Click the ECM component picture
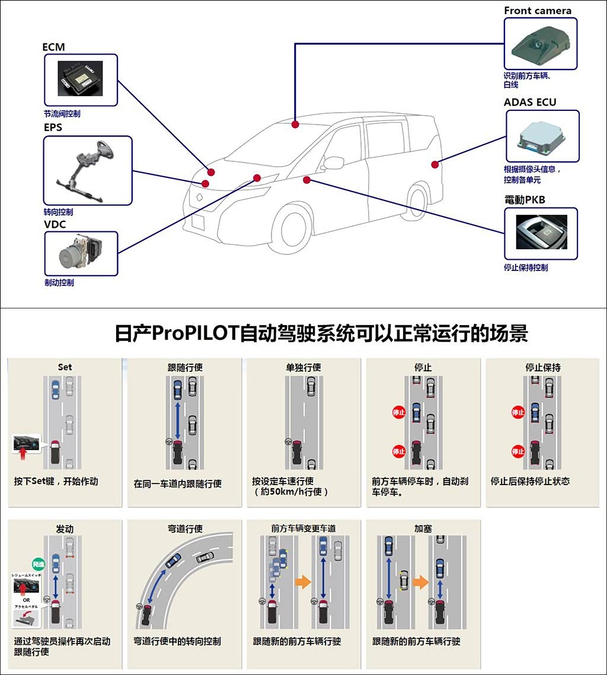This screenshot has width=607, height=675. pos(81,79)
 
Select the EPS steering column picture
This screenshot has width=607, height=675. pos(88,171)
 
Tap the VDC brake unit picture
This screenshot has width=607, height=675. pos(81,253)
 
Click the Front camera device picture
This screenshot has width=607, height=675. pos(540,43)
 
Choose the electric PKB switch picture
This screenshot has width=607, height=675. pos(540,233)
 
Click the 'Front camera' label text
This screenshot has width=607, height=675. pos(538,11)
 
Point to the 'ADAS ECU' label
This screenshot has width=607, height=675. pos(530,102)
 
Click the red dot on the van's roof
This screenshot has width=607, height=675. pos(295,124)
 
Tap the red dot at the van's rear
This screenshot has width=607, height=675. pos(435,164)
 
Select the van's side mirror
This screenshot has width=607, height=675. pos(334,163)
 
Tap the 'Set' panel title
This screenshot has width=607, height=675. pos(65,367)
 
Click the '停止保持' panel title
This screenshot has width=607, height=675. pos(542,367)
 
